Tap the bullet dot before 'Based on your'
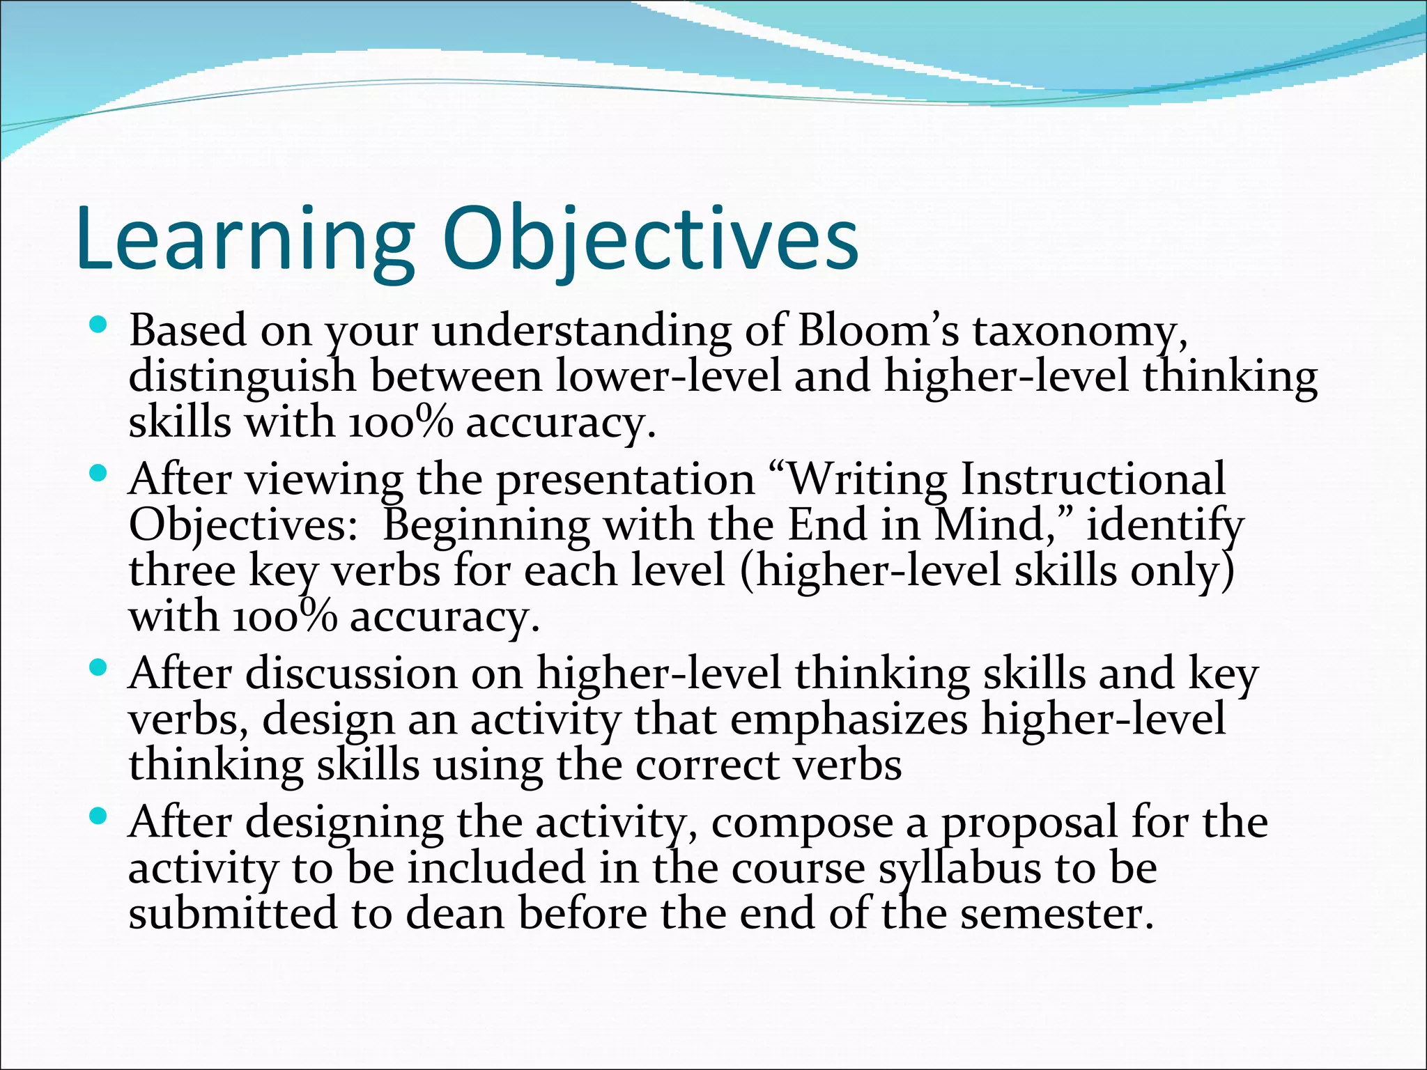point(98,324)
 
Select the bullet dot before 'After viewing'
point(98,474)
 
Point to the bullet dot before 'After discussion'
point(98,668)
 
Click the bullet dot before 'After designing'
point(98,816)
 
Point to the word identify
point(1164,527)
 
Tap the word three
point(182,571)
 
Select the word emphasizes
point(848,720)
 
